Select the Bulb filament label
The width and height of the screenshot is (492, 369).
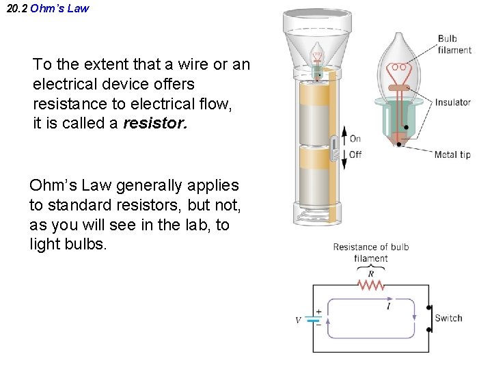(454, 44)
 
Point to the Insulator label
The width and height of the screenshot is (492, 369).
(452, 102)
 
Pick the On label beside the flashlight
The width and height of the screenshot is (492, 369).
(355, 139)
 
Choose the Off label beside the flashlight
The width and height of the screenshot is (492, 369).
(355, 154)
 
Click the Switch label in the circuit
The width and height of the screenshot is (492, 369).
(448, 318)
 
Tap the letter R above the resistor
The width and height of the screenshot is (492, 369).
(371, 274)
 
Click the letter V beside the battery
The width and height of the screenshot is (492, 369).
(298, 320)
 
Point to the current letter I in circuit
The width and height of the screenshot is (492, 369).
(389, 307)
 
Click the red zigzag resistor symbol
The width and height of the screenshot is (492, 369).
(370, 285)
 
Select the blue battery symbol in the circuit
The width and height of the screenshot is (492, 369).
(314, 318)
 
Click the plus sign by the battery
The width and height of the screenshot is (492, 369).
(318, 311)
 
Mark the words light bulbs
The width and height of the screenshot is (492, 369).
(68, 244)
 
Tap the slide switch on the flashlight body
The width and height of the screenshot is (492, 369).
(335, 148)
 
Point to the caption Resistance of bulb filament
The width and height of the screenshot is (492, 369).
(371, 252)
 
